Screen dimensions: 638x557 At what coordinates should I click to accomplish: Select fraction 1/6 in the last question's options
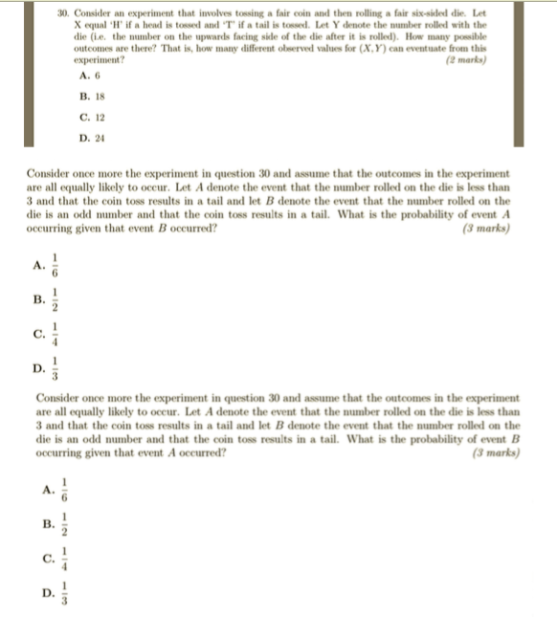[65, 489]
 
